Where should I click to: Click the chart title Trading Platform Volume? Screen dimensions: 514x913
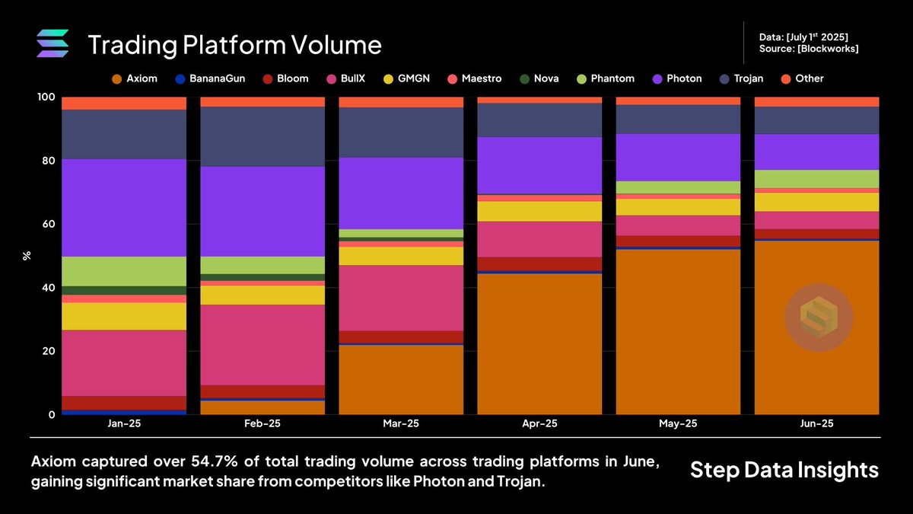pos(234,45)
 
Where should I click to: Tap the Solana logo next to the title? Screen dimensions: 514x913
pos(53,43)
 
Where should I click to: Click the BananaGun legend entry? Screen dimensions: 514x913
pos(209,78)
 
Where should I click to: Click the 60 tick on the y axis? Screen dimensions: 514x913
pos(48,224)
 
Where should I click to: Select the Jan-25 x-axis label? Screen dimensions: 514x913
pos(124,423)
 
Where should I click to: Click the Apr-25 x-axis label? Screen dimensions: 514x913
pos(539,423)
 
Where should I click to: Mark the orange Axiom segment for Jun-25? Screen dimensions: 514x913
pos(816,327)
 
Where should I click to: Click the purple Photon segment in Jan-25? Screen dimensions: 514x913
pos(124,207)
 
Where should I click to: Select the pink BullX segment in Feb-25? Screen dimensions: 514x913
pos(262,344)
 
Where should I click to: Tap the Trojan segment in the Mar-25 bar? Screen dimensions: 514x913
pos(401,132)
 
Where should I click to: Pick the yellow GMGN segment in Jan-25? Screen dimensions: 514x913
pos(124,316)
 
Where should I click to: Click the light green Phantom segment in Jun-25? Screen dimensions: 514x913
pos(816,179)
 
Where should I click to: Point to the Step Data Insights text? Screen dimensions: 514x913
pos(784,470)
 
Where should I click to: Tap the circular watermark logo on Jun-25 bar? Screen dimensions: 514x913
pos(819,318)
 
